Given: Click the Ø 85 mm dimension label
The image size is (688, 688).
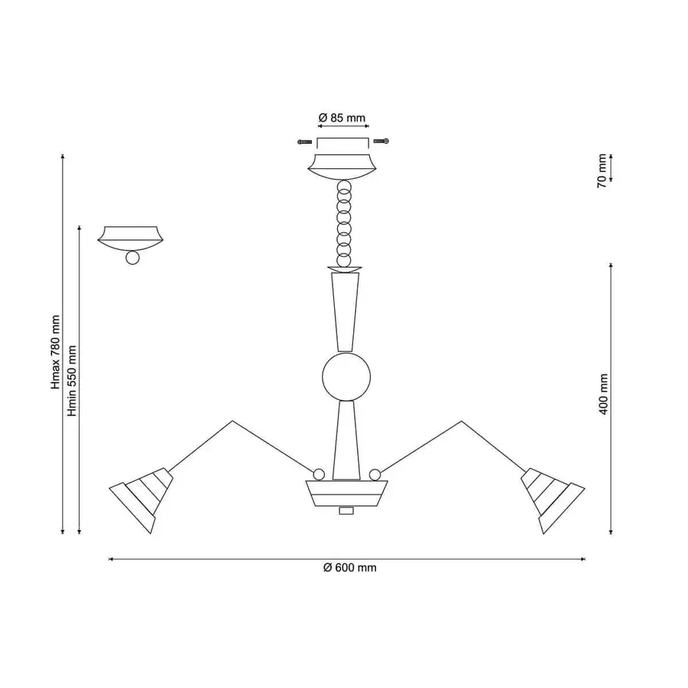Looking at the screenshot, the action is tap(342, 118).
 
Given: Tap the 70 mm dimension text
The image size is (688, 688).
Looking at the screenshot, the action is tap(602, 171).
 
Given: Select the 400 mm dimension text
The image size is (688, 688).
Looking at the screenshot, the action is tap(604, 394).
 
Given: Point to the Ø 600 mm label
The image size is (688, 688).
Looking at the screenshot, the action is tap(349, 568).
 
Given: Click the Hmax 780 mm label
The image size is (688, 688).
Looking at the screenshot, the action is tap(55, 352).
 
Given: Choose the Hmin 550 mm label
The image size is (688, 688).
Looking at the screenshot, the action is tap(72, 381).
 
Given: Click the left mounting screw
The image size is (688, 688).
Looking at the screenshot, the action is tap(304, 141).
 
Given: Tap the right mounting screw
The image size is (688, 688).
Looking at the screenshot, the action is tap(381, 141).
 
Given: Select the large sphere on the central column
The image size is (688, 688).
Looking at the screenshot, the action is tap(346, 377).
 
